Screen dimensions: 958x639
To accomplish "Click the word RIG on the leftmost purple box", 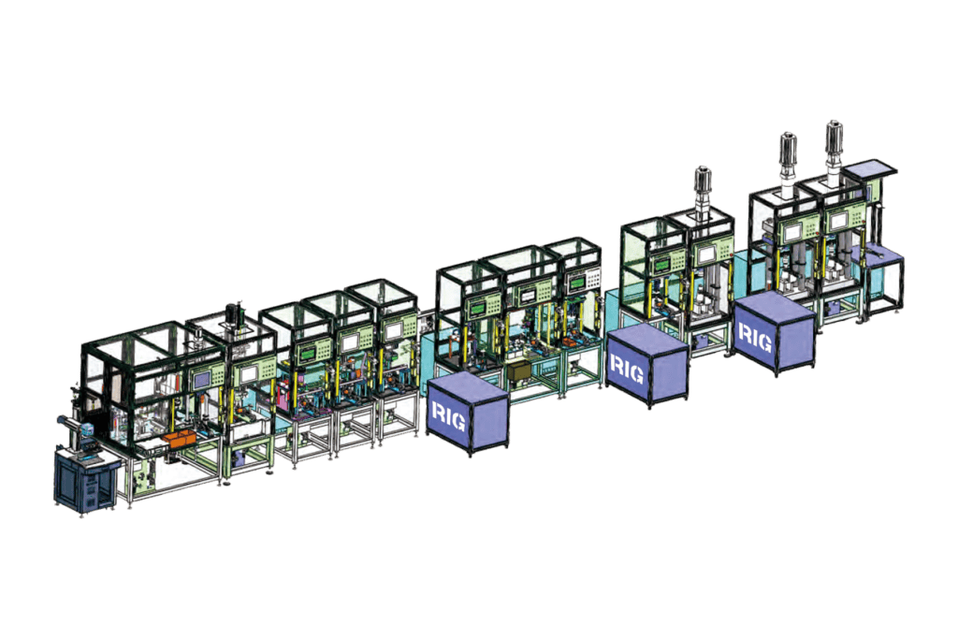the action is tap(449, 416).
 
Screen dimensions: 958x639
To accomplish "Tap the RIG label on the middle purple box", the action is tap(626, 369).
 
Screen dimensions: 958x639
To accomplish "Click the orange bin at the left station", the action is tap(180, 441).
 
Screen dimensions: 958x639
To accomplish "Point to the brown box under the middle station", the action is tap(520, 370).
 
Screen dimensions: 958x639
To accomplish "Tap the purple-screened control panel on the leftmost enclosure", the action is tap(202, 380).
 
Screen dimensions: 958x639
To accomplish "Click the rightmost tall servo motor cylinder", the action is tap(834, 141).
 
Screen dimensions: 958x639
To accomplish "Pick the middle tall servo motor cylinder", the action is tap(787, 152).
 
